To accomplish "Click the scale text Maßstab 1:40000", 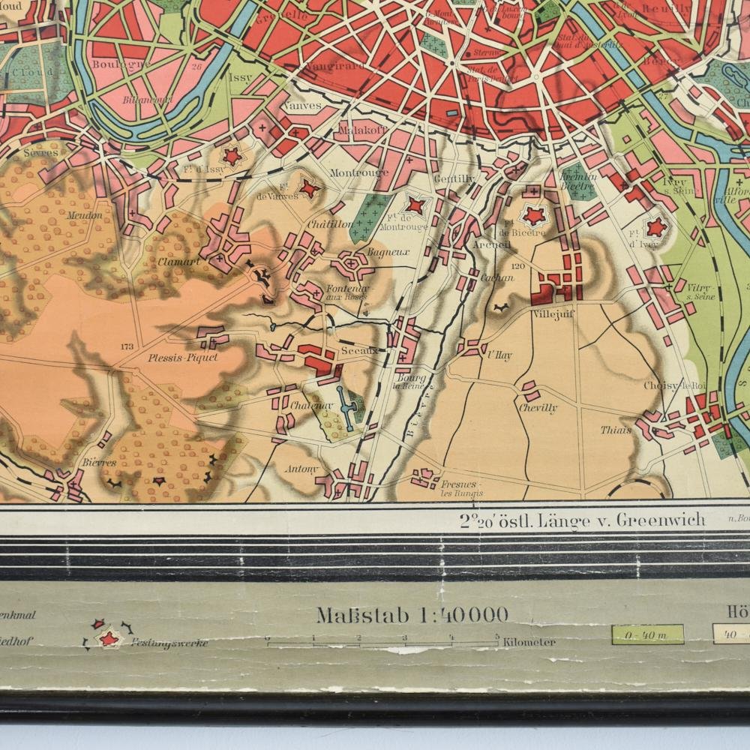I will click(x=412, y=616).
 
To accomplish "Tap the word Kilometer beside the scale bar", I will click(x=530, y=642).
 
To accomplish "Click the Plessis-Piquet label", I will click(x=183, y=358).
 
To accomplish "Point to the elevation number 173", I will click(x=126, y=346).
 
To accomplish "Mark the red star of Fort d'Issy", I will click(x=232, y=156).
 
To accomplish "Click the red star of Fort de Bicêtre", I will click(x=533, y=217).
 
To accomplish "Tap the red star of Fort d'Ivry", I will click(x=655, y=226).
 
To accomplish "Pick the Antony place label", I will click(x=302, y=470).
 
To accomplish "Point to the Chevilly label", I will click(x=538, y=408).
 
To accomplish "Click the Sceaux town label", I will click(x=358, y=350).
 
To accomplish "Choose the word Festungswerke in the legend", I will click(x=169, y=643).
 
